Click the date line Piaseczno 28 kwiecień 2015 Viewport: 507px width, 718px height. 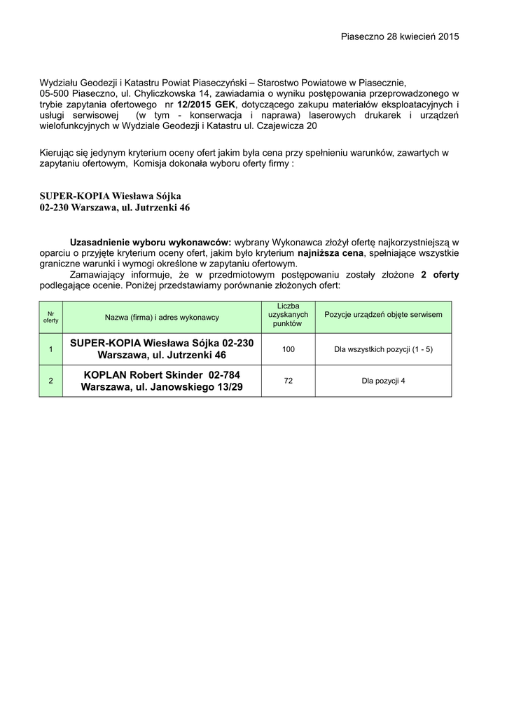pyautogui.click(x=400, y=36)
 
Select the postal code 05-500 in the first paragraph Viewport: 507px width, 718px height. pyautogui.click(x=54, y=93)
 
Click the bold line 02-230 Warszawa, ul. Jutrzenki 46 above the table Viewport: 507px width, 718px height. pyautogui.click(x=114, y=208)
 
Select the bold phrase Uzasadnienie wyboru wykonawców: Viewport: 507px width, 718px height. pyautogui.click(x=151, y=241)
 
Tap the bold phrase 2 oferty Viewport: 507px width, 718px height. pyautogui.click(x=440, y=275)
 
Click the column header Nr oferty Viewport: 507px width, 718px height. pyautogui.click(x=50, y=317)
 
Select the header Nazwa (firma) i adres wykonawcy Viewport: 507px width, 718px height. pyautogui.click(x=162, y=317)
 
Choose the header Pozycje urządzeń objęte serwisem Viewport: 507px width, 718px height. pyautogui.click(x=383, y=315)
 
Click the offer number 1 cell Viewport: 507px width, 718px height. pyautogui.click(x=50, y=349)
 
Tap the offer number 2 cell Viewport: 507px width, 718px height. pyautogui.click(x=50, y=381)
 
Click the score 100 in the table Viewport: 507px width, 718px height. pyautogui.click(x=288, y=348)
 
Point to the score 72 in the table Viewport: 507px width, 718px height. pyautogui.click(x=288, y=380)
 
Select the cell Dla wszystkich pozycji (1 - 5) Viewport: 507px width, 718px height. pyautogui.click(x=383, y=349)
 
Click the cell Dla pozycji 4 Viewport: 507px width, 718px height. pyautogui.click(x=383, y=381)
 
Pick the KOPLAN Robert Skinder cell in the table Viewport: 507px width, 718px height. pyautogui.click(x=162, y=381)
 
